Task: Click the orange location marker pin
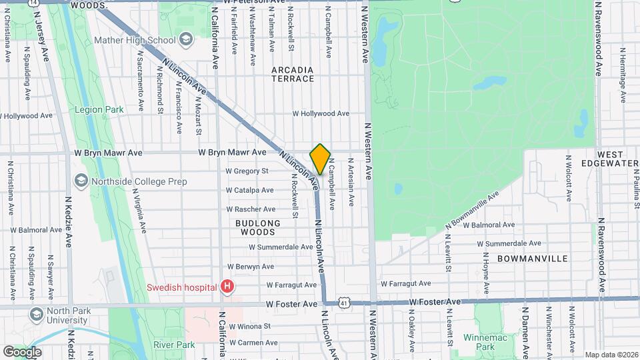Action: [x=320, y=159]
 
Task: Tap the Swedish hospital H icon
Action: [x=228, y=287]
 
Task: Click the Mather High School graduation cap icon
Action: [x=185, y=40]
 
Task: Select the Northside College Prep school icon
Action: [x=81, y=180]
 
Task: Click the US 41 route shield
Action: [x=343, y=303]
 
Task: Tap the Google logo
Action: [x=22, y=351]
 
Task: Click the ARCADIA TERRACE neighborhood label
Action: [x=293, y=74]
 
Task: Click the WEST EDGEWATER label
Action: [x=610, y=159]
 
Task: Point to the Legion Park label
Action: [x=99, y=109]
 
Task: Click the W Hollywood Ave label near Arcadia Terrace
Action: [x=321, y=113]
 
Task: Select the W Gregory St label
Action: [x=247, y=171]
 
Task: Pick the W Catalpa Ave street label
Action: [x=250, y=190]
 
